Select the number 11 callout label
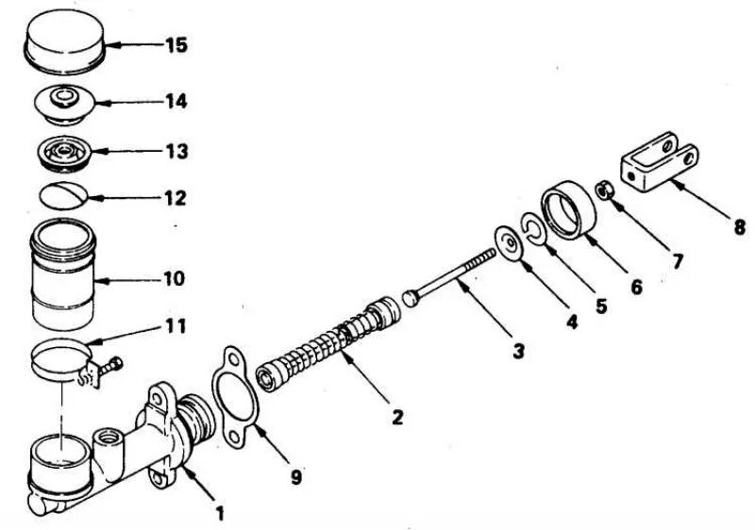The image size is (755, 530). tap(175, 326)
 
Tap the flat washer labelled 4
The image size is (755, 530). tap(511, 243)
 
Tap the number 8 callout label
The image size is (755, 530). tap(739, 227)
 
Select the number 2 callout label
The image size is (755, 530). tap(397, 416)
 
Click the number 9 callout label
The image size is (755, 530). tap(296, 478)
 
